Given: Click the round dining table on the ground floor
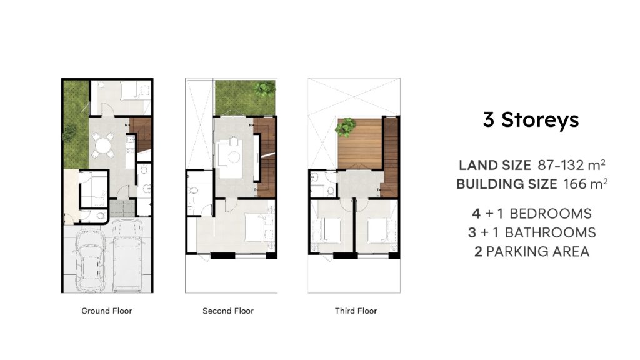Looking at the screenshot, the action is click(103, 145).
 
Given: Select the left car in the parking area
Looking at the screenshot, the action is click(91, 260).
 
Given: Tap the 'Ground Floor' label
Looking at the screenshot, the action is click(106, 311).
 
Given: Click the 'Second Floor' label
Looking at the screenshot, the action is click(228, 311).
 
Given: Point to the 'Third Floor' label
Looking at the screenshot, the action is click(356, 311).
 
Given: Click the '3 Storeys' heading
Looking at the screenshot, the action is click(531, 119).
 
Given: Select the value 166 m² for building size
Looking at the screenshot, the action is click(586, 184).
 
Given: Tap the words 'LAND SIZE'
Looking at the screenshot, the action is click(495, 165).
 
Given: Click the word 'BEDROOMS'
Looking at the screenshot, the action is click(551, 214).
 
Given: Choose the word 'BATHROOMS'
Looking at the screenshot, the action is click(551, 232).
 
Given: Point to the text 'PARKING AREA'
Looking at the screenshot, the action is click(538, 252).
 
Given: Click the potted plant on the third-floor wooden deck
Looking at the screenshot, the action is click(346, 127).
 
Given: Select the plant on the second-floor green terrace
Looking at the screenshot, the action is click(264, 89).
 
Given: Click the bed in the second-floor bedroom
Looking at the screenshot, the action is click(254, 227).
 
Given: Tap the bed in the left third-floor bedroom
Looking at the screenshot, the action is click(331, 231).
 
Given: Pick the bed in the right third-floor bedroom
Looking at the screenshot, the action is click(377, 231).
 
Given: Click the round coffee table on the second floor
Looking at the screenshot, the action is click(234, 157).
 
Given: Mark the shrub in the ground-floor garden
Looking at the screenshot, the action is click(69, 132).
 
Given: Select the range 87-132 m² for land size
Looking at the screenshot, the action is click(571, 165).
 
